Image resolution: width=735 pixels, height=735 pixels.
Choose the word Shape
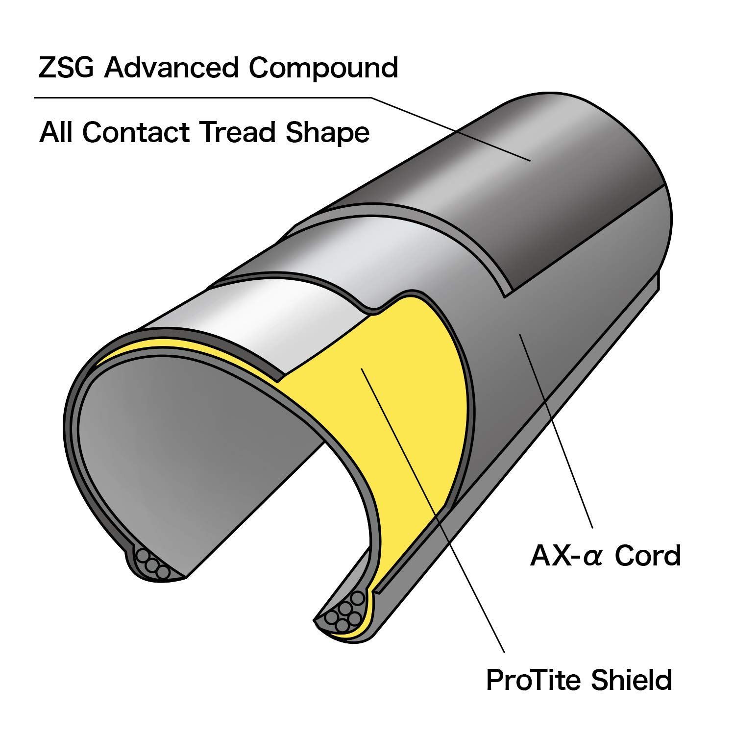(x=327, y=133)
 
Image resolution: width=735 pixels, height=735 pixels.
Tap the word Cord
(x=648, y=556)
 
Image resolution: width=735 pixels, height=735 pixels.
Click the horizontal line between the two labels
(x=196, y=98)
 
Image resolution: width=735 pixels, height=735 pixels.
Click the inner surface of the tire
(x=196, y=441)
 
